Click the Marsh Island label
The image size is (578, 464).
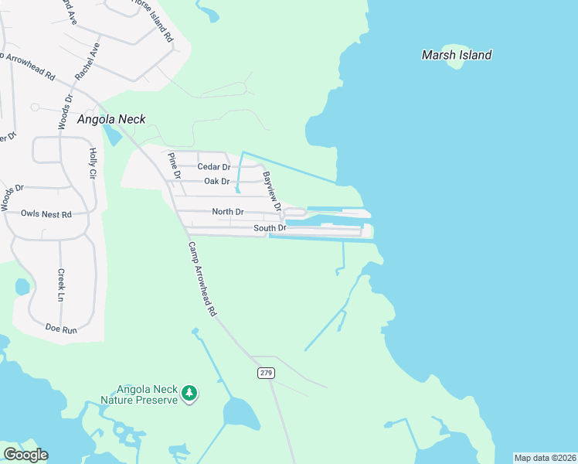[x=456, y=55]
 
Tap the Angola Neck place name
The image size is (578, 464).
[x=111, y=119]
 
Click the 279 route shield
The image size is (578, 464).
[x=265, y=373]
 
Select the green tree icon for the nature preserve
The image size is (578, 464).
[x=189, y=394]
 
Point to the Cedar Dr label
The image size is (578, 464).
[x=214, y=167]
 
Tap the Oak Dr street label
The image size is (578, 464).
[x=217, y=182]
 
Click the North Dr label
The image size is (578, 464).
[x=228, y=212]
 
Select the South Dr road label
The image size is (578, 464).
[x=270, y=228]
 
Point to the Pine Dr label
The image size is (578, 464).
[x=174, y=165]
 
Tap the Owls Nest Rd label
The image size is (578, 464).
[x=46, y=213]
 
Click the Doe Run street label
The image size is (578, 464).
[x=61, y=329]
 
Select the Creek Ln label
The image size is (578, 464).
[x=60, y=285]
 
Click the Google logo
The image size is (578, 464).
[x=25, y=455]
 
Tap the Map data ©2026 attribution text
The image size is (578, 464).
[x=544, y=458]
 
